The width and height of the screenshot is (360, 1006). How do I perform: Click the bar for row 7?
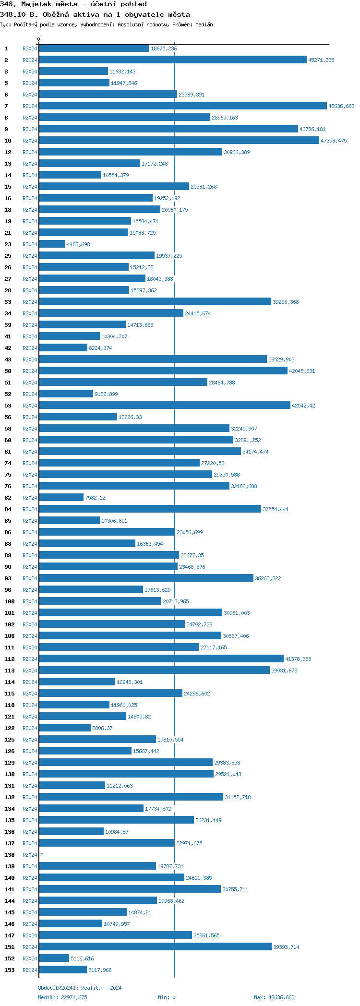pos(182,106)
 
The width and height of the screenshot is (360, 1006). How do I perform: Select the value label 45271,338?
pos(321,60)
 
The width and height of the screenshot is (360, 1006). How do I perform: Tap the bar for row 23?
pos(52,244)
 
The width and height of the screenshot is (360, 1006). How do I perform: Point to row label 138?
pos(10,855)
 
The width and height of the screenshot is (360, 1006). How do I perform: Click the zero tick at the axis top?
pos(39,39)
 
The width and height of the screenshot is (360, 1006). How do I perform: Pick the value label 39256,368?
pos(286,302)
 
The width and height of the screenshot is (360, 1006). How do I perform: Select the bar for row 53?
pos(165,406)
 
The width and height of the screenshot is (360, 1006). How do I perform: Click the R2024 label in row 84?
pos(30,509)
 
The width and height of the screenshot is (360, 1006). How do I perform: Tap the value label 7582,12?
pos(95,498)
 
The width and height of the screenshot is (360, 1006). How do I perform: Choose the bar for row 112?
pos(161,659)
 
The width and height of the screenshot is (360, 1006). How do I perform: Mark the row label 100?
pos(10,601)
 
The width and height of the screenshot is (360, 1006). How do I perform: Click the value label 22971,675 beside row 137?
pos(189,843)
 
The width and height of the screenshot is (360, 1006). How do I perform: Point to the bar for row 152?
pos(54,958)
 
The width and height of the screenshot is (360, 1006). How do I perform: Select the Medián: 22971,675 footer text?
pos(62,997)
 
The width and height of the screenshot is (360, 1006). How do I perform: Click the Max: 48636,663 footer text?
pos(274,997)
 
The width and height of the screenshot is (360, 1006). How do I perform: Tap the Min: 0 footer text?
pos(167,997)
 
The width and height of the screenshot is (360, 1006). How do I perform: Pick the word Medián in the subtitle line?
pos(204,24)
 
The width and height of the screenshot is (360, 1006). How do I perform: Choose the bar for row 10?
pos(179,141)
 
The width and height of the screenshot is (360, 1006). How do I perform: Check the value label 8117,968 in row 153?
pos(100,970)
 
